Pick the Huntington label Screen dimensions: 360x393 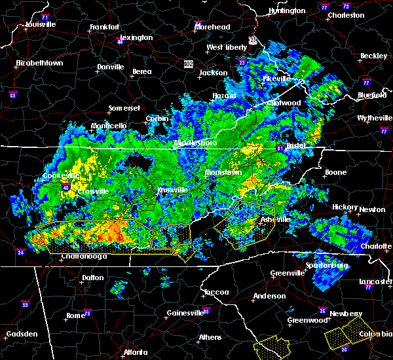pos(287,11)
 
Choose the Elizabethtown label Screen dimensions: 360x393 pos(39,63)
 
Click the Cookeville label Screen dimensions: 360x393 pos(61,175)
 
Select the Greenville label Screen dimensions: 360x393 pos(288,273)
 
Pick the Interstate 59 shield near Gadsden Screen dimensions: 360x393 pos(25,304)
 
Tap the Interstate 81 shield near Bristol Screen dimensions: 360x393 pos(280,146)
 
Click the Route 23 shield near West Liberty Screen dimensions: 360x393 pos(252,40)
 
